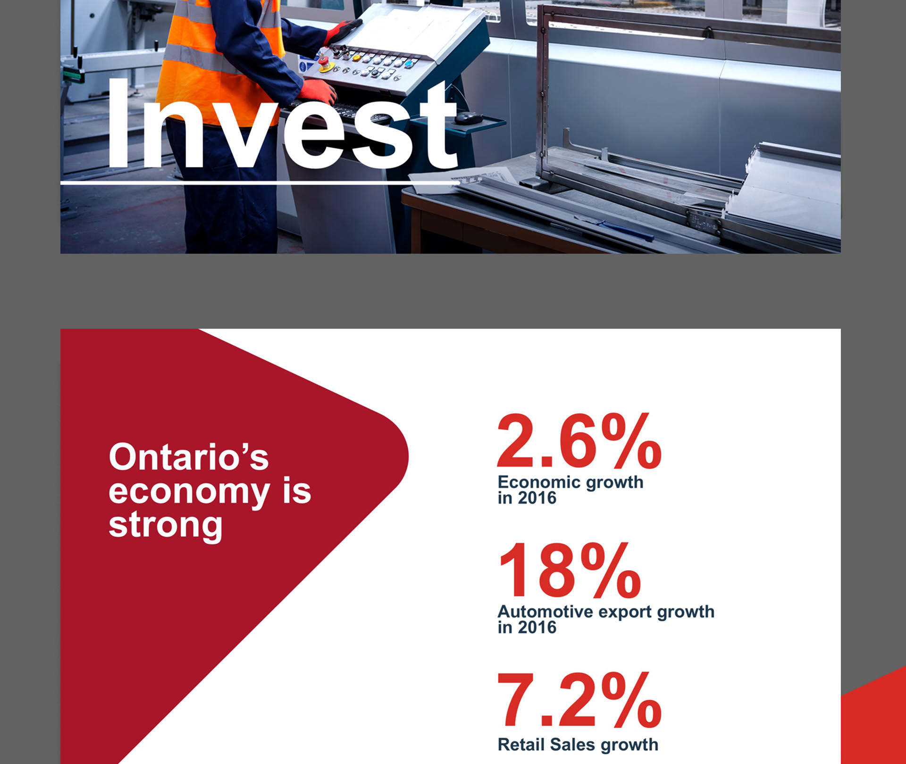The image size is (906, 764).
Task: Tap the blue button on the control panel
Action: (x=408, y=64)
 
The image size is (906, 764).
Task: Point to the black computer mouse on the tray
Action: (x=469, y=118)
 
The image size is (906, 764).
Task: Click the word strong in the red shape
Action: (x=166, y=526)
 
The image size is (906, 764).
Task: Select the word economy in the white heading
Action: (x=189, y=493)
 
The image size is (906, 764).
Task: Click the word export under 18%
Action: (x=626, y=613)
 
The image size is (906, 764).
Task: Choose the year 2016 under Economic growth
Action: (x=537, y=498)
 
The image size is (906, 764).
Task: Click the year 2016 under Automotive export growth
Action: (x=537, y=628)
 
